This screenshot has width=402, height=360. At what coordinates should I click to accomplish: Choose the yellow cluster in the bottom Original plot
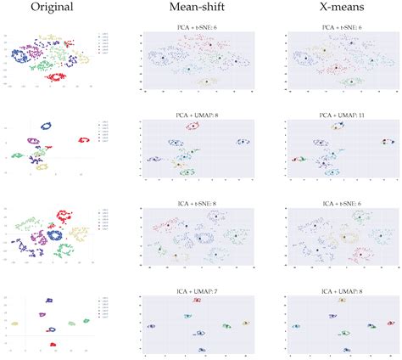(x=14, y=323)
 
